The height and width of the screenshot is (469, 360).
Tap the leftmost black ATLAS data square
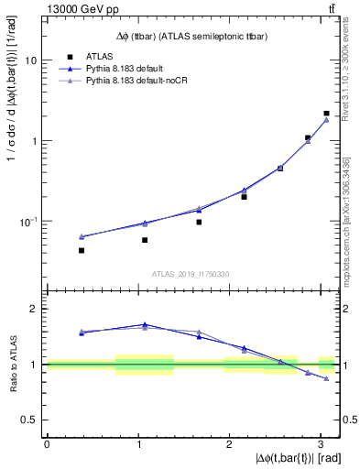pyautogui.click(x=82, y=250)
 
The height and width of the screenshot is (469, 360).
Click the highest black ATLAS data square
pyautogui.click(x=326, y=114)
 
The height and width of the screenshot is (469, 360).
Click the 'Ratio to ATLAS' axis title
pyautogui.click(x=11, y=365)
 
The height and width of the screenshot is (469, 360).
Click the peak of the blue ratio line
pyautogui.click(x=144, y=324)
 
